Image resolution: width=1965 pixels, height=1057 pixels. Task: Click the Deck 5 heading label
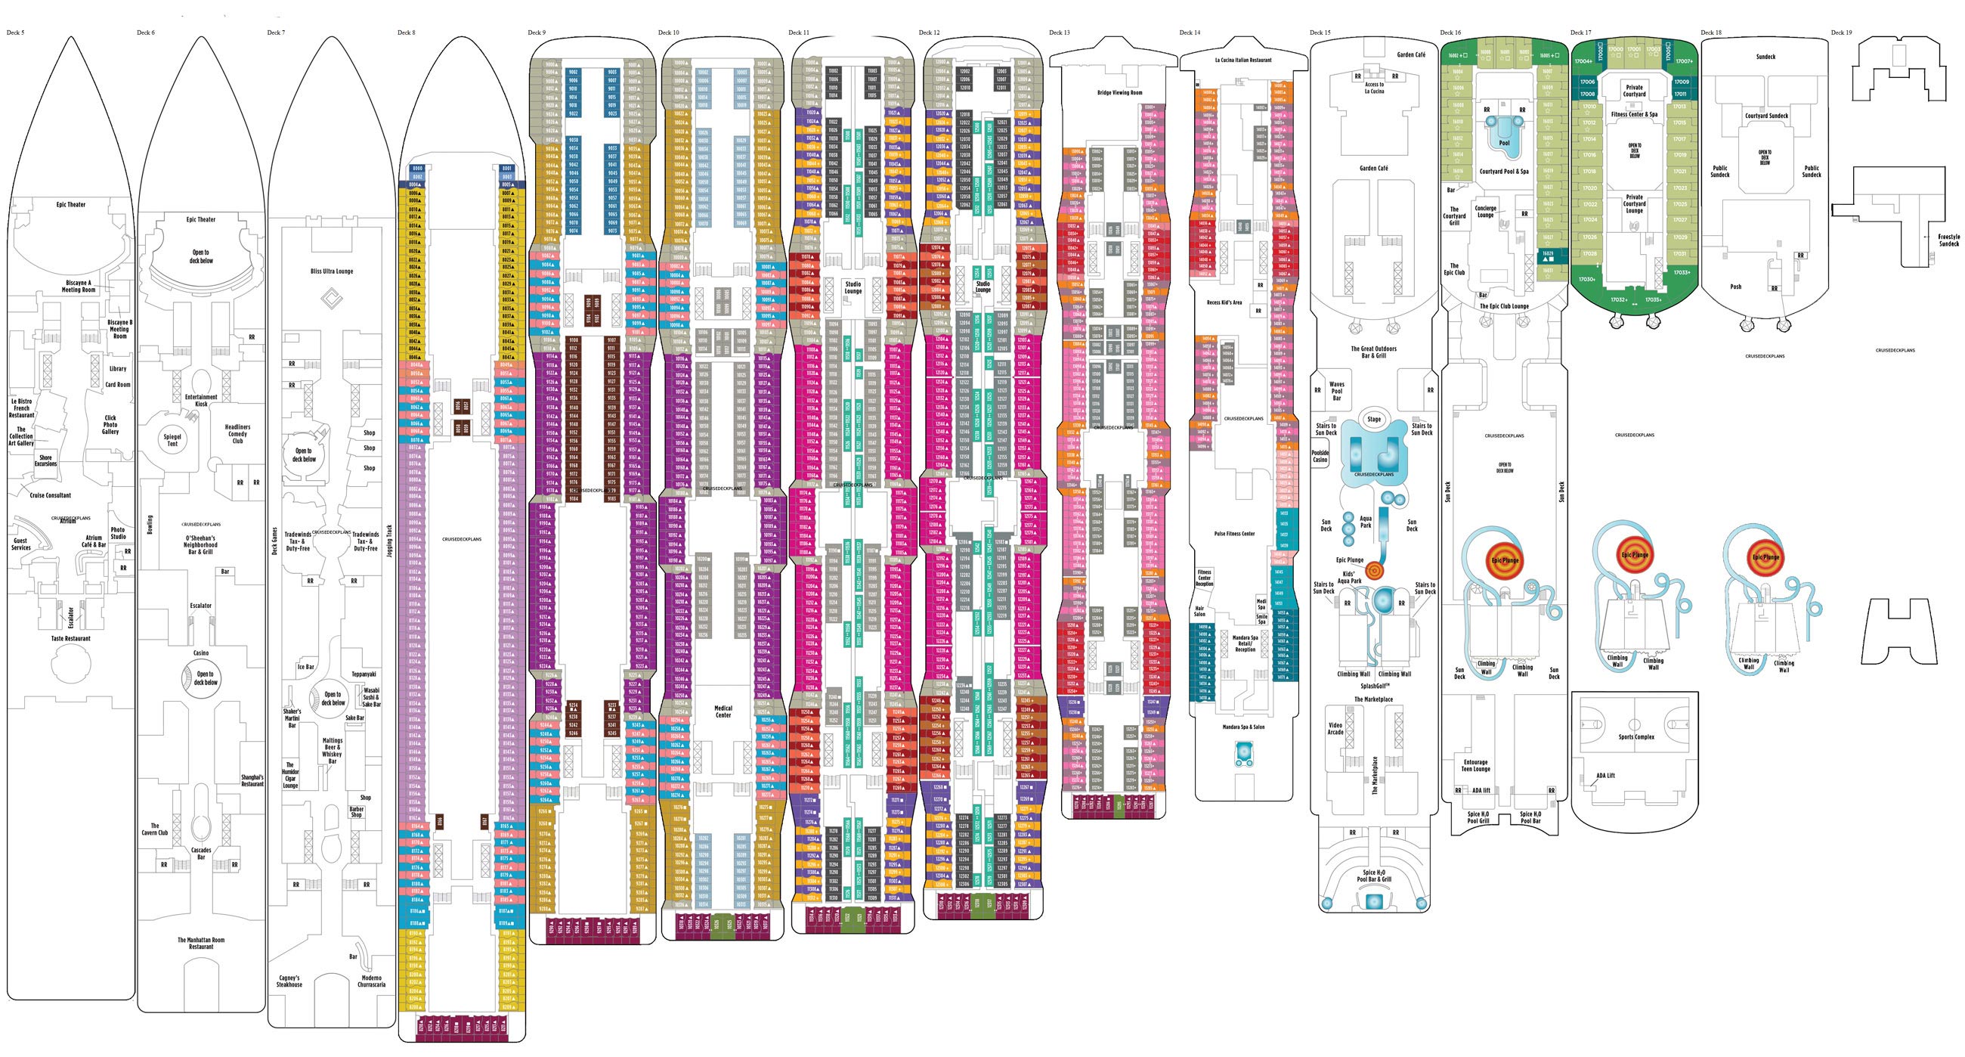(15, 33)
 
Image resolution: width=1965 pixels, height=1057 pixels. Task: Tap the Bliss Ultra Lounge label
(332, 271)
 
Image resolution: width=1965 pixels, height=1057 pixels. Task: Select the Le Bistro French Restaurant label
(21, 408)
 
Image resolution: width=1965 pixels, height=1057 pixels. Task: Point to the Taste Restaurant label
(71, 639)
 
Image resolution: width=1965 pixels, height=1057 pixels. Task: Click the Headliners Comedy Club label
(237, 433)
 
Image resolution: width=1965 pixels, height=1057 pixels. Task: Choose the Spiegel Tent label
(172, 439)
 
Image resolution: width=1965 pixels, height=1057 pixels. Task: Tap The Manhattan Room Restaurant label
(201, 944)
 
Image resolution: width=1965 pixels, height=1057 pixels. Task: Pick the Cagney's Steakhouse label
(289, 981)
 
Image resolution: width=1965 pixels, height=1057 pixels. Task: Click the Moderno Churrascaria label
(372, 981)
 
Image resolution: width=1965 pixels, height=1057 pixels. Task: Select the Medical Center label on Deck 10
(723, 711)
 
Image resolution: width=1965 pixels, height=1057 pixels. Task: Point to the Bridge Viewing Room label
(1120, 93)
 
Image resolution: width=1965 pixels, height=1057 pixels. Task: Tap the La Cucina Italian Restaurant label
(1243, 60)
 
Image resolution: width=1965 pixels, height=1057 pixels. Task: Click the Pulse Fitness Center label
(1234, 534)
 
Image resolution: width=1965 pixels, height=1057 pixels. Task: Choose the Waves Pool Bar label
(1336, 391)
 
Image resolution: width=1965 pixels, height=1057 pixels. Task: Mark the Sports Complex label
(1635, 737)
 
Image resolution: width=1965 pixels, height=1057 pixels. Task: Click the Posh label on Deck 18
(1735, 287)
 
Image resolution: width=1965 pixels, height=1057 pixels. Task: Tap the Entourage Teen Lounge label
(1476, 765)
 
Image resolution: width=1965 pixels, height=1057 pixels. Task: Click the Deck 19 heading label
(1841, 33)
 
